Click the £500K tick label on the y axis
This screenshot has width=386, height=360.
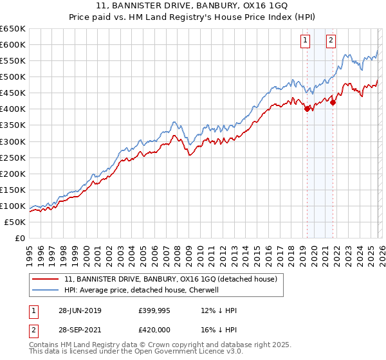12,76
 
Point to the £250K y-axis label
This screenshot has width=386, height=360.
12,157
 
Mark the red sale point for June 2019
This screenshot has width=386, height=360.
307,109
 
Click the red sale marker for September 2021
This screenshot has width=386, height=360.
333,102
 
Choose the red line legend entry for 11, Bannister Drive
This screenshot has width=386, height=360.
170,279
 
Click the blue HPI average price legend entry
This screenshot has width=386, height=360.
142,290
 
